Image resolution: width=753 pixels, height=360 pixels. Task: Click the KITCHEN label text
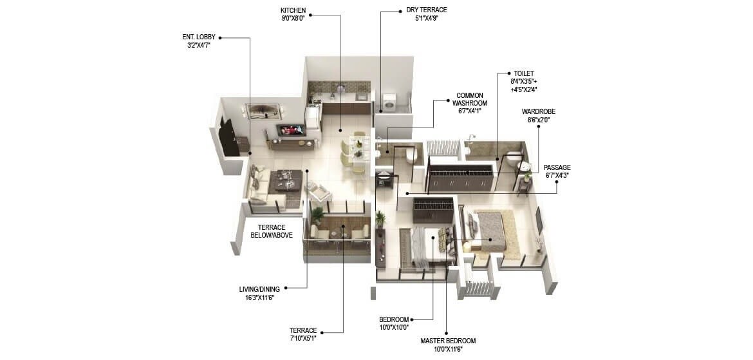tap(293, 11)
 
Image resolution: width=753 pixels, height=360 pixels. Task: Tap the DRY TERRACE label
tap(426, 10)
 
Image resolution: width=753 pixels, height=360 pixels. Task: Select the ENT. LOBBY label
tap(199, 37)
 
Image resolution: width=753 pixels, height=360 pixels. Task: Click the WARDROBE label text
tap(539, 111)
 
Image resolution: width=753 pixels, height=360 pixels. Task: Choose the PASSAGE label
tap(557, 167)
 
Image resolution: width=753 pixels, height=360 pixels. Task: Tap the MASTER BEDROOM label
tap(448, 341)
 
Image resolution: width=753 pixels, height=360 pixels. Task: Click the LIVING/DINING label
tap(261, 289)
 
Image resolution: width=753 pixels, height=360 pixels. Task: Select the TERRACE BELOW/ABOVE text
tap(271, 231)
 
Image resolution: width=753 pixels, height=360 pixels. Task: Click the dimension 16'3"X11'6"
tap(261, 297)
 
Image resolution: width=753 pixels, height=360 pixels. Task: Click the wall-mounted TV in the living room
tap(291, 130)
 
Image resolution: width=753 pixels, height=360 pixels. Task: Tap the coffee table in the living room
tap(284, 181)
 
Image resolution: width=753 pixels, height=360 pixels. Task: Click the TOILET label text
tap(524, 73)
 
